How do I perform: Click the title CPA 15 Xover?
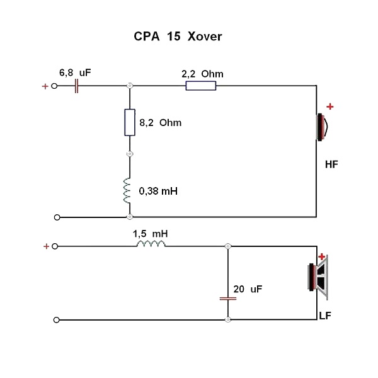click(x=178, y=37)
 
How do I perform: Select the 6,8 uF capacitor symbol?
click(x=76, y=86)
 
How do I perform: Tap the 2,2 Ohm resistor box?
click(x=201, y=86)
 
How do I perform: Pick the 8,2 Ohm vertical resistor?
click(x=130, y=122)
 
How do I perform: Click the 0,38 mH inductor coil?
click(x=127, y=191)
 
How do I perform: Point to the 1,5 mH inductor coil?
click(x=151, y=244)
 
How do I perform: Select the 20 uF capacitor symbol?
click(x=228, y=299)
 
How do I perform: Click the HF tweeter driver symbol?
click(x=322, y=127)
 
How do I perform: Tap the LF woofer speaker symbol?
click(x=318, y=277)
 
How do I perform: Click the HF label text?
click(x=331, y=164)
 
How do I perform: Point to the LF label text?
click(x=325, y=316)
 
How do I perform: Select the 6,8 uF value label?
click(x=75, y=72)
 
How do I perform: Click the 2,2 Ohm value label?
click(x=202, y=74)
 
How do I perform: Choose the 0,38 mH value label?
click(x=158, y=191)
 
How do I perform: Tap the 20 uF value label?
click(x=248, y=289)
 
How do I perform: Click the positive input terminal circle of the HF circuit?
click(x=54, y=86)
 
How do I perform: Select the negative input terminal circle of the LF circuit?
click(x=57, y=320)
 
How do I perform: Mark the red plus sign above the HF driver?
click(x=330, y=106)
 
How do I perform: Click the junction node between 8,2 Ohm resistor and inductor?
click(x=130, y=154)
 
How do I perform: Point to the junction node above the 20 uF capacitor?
click(x=228, y=246)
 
